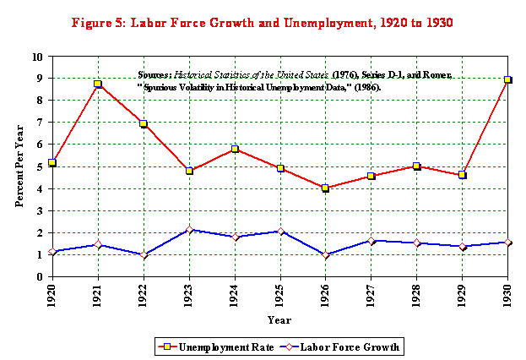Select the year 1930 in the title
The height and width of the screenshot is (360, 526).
[437, 23]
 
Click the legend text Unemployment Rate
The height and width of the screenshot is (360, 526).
[225, 347]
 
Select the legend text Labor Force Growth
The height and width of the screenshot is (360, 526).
[350, 347]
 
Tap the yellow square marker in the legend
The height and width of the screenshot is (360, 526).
[167, 347]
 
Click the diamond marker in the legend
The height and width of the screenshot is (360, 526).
[290, 347]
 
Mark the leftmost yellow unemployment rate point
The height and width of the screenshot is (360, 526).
[52, 162]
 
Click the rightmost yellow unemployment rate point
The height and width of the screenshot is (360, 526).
[507, 79]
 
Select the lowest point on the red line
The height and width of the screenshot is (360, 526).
[325, 188]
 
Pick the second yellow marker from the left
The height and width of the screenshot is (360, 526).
[98, 84]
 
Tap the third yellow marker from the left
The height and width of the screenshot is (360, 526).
[144, 123]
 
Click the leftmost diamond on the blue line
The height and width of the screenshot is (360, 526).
[52, 252]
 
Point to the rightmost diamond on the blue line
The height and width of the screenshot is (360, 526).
[507, 243]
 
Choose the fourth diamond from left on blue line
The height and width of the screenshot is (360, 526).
[189, 230]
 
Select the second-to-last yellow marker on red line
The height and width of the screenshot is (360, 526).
[462, 175]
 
